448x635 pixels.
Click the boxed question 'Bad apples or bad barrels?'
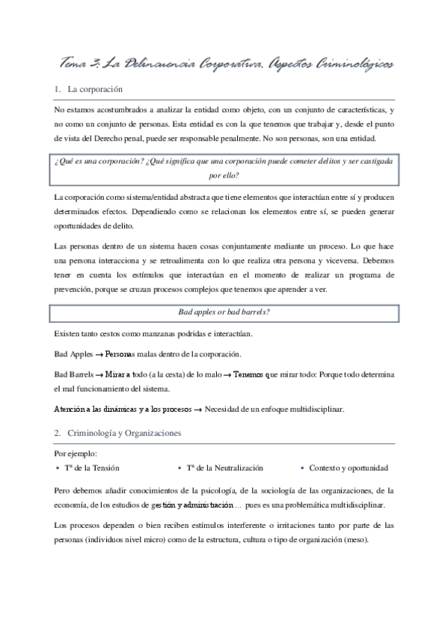click(x=224, y=312)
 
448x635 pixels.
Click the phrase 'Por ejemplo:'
click(x=76, y=453)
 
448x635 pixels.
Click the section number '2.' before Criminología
click(x=58, y=434)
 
